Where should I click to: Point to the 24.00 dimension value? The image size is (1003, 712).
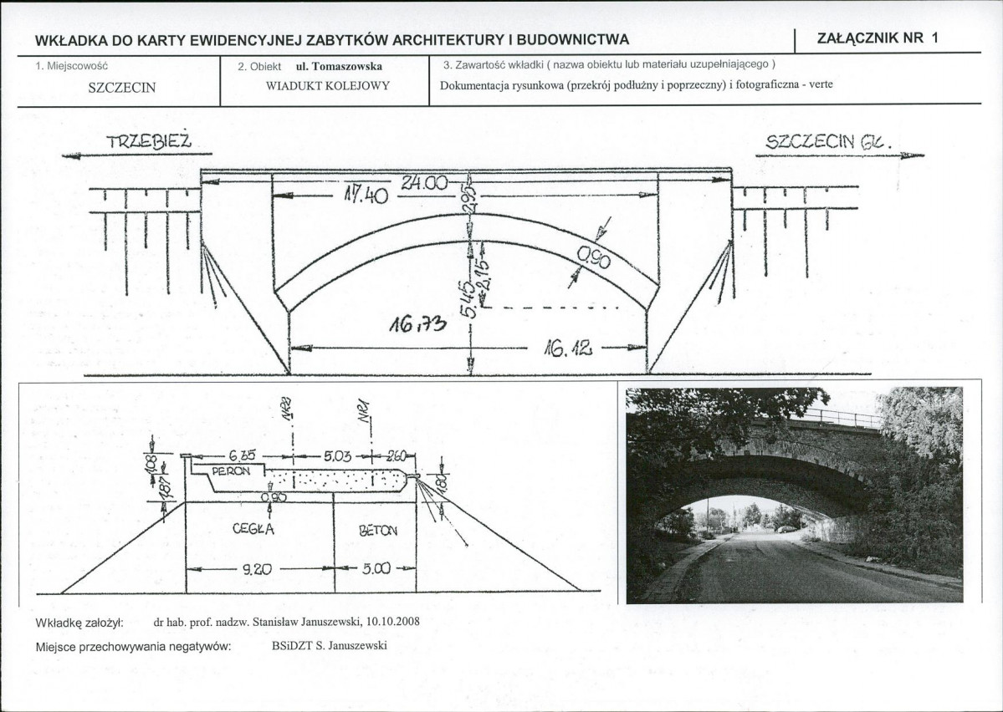pos(423,183)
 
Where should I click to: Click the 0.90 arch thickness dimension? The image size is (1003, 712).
pos(593,262)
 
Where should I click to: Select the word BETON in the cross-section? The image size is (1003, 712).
pos(377,530)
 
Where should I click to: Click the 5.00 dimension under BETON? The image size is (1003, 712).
pos(376,568)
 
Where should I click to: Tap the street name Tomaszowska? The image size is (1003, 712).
pos(345,65)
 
